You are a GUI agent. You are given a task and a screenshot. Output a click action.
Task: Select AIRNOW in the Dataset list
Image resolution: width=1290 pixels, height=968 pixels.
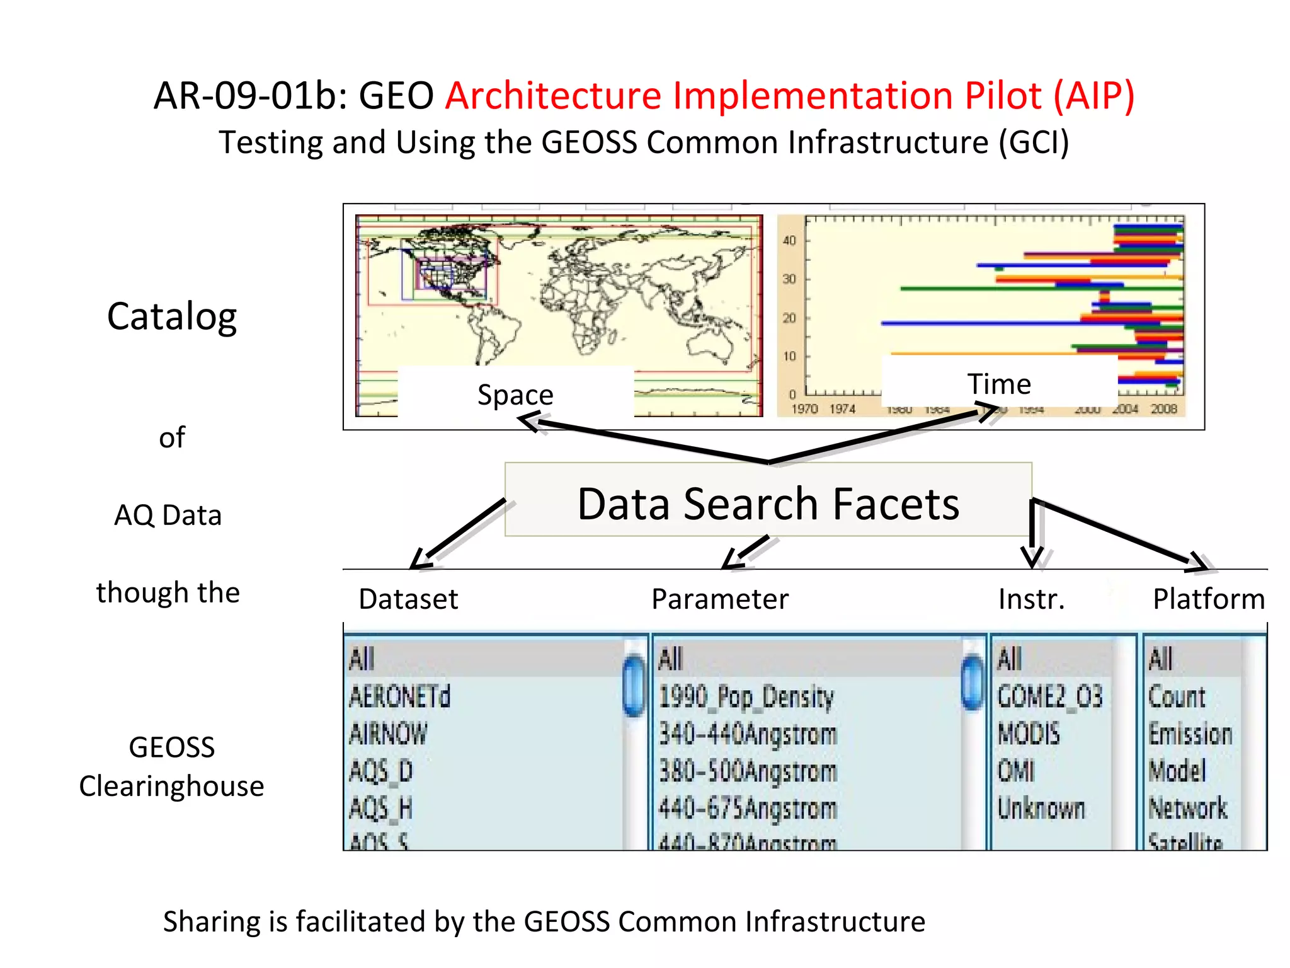point(388,734)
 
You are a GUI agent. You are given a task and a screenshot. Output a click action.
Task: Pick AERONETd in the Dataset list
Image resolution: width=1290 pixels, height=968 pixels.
point(400,697)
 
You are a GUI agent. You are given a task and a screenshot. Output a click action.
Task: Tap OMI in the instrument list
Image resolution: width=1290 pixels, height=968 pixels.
point(1016,771)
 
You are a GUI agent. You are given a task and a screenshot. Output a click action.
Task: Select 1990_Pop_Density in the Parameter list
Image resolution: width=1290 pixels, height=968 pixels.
point(746,697)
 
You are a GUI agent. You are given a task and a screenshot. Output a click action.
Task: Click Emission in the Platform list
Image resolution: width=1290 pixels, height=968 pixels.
point(1190,734)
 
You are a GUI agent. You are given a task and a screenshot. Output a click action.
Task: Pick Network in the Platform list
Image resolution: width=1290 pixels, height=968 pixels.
point(1188,809)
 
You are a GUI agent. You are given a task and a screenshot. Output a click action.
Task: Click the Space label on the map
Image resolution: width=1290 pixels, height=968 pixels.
point(515,395)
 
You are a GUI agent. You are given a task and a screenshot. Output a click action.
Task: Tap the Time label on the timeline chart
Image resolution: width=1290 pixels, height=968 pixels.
point(999,384)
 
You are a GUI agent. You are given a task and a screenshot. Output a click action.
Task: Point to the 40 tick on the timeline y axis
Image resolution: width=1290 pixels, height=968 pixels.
point(789,240)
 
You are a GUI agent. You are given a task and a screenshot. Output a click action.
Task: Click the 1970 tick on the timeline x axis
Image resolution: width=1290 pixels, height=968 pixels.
point(804,409)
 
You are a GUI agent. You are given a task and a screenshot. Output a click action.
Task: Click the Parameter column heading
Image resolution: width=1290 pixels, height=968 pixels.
point(719,599)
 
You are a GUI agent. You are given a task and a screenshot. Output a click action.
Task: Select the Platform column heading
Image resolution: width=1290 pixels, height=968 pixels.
point(1208,599)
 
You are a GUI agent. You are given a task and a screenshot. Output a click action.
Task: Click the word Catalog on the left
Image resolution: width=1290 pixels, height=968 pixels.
point(172,316)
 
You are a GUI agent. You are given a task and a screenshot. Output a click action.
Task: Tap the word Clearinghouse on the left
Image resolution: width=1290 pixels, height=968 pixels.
point(171,786)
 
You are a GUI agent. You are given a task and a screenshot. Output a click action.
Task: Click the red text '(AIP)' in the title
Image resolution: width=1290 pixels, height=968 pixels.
point(1094,96)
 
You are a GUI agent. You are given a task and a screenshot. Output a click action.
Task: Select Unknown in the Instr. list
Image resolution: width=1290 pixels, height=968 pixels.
point(1041,809)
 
